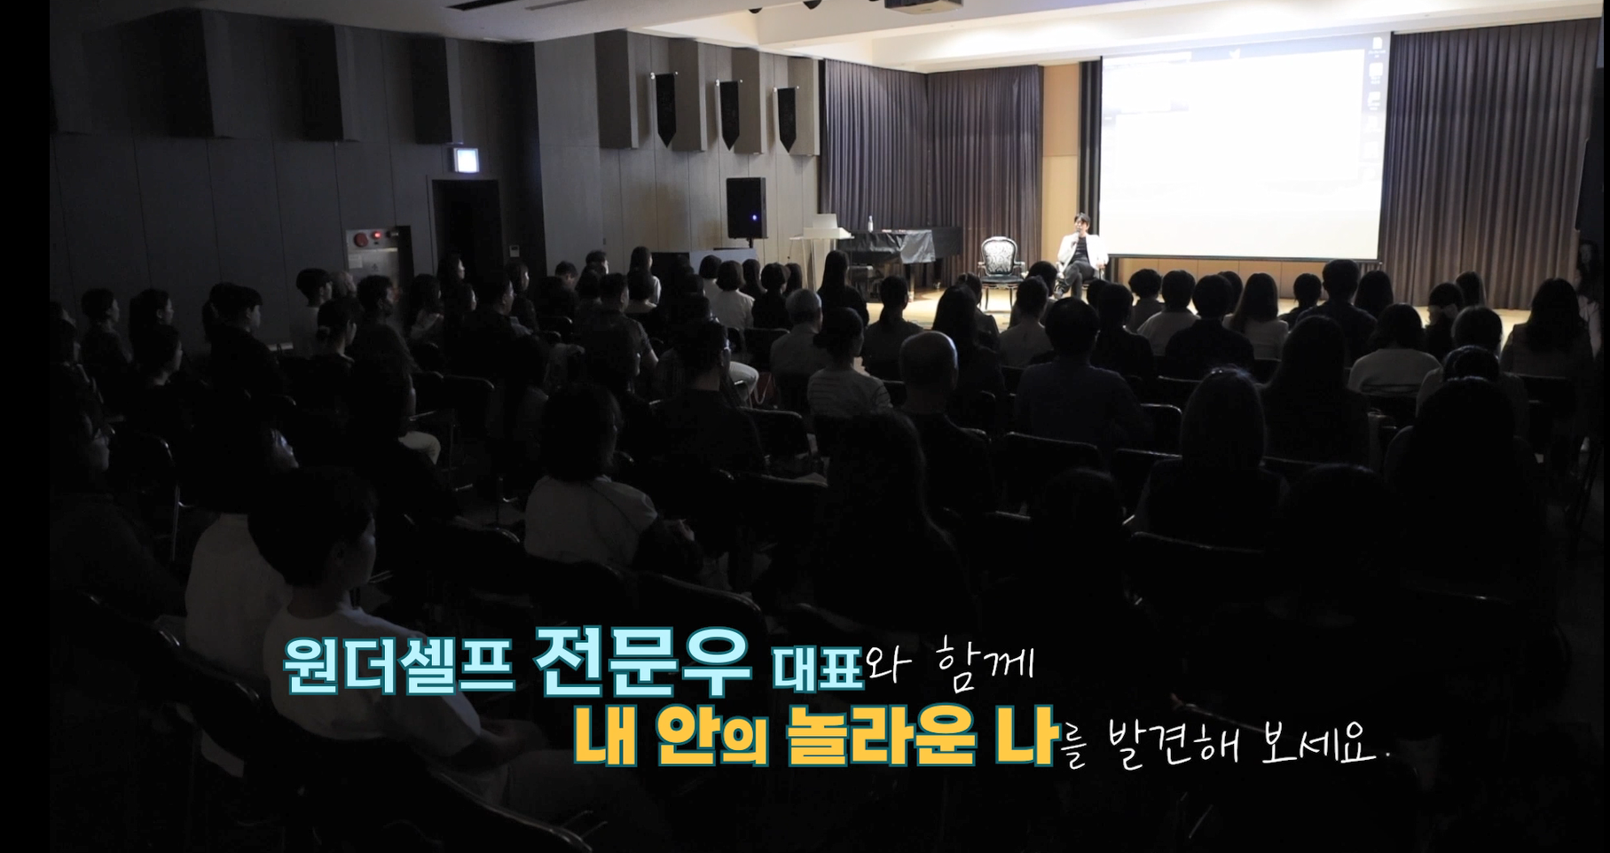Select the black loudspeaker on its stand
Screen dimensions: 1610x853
746,207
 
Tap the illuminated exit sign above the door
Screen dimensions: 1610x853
464,160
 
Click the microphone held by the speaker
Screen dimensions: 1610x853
1076,236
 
